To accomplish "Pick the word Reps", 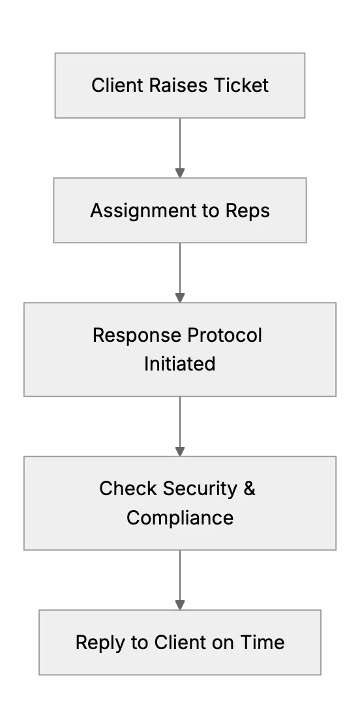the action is click(248, 211).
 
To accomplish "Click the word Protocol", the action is click(224, 335).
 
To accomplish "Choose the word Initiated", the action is click(179, 363).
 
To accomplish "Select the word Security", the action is click(200, 489).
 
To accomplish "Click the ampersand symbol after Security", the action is click(249, 489).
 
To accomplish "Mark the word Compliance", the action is click(180, 518).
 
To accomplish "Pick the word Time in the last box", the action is click(262, 643).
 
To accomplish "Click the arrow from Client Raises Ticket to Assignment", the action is click(180, 147).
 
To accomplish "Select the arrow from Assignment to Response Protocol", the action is click(180, 273).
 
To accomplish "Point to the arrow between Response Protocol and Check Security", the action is click(180, 426).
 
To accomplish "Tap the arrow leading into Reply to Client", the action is click(180, 580).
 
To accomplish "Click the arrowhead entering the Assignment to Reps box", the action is click(180, 173).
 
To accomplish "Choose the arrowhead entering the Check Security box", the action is click(180, 452).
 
